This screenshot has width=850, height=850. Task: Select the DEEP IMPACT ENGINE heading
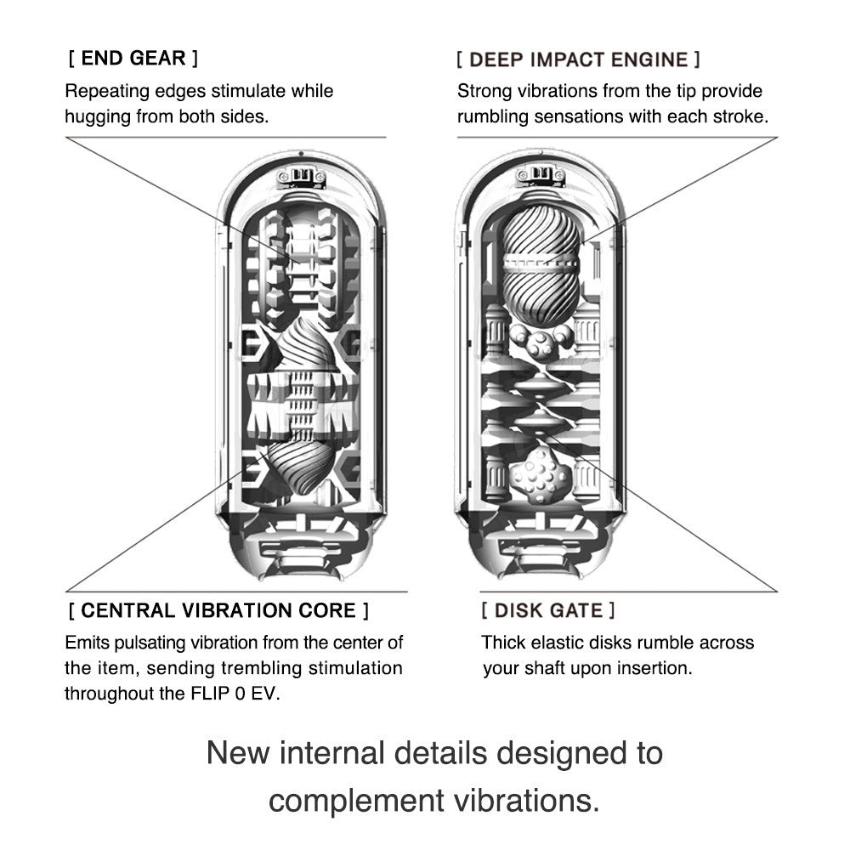578,59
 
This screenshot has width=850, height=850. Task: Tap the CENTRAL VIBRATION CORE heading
218,610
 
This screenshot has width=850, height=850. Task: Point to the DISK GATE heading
548,610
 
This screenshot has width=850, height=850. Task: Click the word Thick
504,643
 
